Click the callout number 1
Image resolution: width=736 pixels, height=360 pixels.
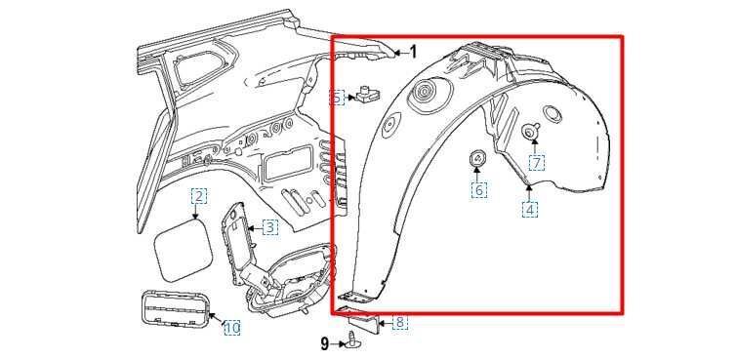click(x=413, y=52)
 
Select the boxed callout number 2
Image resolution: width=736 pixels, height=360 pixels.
click(x=198, y=196)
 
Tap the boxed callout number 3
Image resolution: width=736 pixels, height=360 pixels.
click(x=269, y=228)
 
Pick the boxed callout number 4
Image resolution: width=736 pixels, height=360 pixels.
click(x=530, y=209)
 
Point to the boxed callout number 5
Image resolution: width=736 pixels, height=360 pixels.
click(x=337, y=98)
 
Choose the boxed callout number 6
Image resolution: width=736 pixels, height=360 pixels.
click(x=478, y=190)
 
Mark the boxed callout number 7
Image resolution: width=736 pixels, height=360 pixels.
click(x=537, y=162)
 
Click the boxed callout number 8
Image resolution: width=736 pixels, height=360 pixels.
click(x=399, y=323)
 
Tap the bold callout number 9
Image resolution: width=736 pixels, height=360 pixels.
click(x=325, y=344)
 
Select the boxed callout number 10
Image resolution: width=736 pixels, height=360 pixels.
click(x=232, y=327)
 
